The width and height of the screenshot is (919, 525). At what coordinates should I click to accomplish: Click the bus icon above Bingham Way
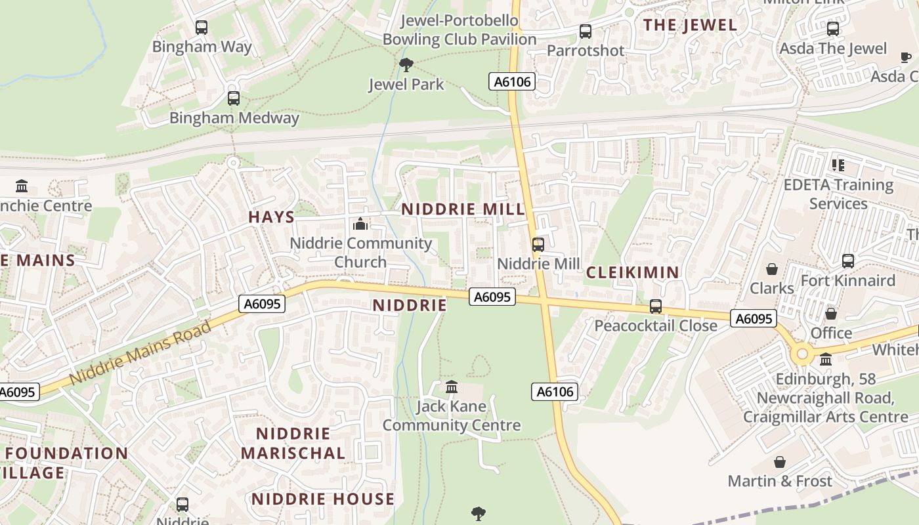(x=202, y=28)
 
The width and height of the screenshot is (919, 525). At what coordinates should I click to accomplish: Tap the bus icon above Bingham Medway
(x=234, y=98)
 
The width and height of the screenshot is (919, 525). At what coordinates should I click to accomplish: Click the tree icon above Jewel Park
(x=406, y=64)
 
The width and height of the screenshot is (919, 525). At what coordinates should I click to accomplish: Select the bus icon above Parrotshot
(x=585, y=31)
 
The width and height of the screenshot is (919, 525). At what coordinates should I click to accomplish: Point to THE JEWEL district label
(x=690, y=26)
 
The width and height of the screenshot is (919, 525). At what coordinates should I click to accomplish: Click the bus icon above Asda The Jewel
(x=833, y=29)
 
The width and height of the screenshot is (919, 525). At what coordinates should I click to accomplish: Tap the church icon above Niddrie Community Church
(x=360, y=224)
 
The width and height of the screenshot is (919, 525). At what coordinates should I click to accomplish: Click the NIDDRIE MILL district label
(x=463, y=209)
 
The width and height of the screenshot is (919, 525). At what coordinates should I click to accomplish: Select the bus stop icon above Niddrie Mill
(x=538, y=245)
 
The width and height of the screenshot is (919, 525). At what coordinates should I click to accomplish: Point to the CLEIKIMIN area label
(x=632, y=272)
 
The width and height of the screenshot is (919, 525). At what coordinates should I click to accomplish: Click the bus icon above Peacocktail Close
(x=655, y=306)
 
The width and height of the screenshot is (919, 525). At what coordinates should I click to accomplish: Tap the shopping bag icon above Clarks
(x=772, y=269)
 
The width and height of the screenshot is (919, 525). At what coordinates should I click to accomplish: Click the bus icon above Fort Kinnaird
(x=848, y=261)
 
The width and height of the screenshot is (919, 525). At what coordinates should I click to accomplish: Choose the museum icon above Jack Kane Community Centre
(x=452, y=387)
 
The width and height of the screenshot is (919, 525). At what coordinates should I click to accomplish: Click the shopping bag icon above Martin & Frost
(x=780, y=462)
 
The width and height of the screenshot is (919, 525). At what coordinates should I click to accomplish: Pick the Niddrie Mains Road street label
(x=140, y=352)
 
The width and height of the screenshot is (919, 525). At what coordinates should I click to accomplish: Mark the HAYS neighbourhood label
(x=271, y=217)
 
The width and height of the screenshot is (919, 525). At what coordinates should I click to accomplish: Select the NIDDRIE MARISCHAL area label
(x=293, y=444)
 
